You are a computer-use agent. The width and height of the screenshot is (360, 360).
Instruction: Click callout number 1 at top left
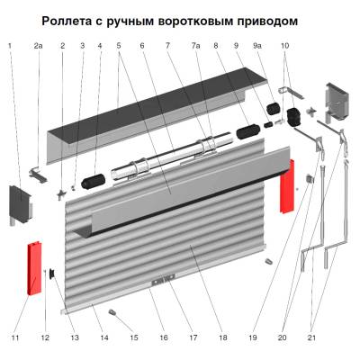(10, 44)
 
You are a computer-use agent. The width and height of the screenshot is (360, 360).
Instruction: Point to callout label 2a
(38, 44)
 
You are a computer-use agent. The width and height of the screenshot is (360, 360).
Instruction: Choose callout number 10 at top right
(285, 44)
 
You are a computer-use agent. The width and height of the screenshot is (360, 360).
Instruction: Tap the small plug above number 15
(114, 312)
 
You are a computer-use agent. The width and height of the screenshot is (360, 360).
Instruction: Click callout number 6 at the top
(142, 44)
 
